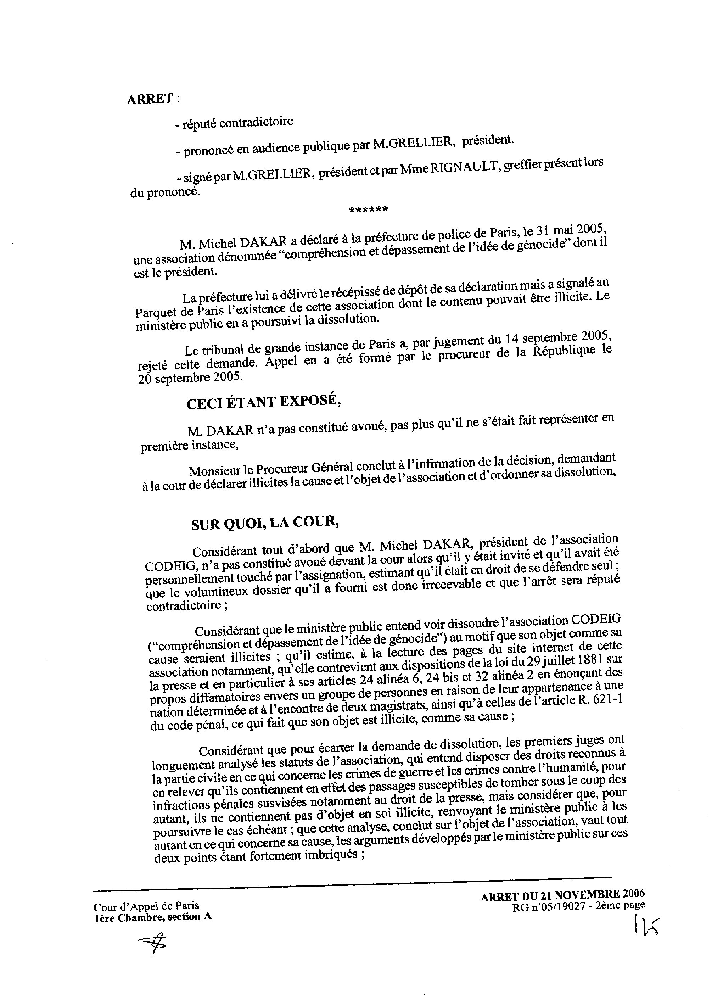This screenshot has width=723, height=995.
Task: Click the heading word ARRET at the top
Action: click(x=150, y=100)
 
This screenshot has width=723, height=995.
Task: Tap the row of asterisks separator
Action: click(x=368, y=210)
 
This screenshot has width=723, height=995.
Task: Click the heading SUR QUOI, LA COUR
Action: click(x=265, y=524)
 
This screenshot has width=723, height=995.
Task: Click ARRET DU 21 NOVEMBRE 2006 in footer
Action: click(x=562, y=895)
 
